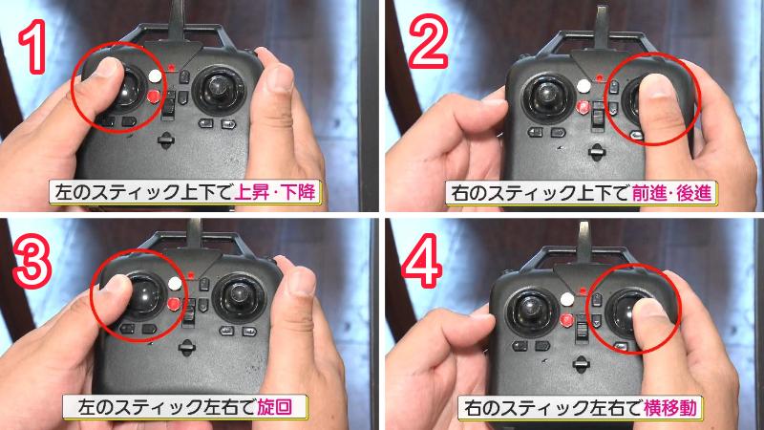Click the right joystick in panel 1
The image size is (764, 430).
coord(219,93)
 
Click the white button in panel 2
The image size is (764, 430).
coord(584,83)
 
